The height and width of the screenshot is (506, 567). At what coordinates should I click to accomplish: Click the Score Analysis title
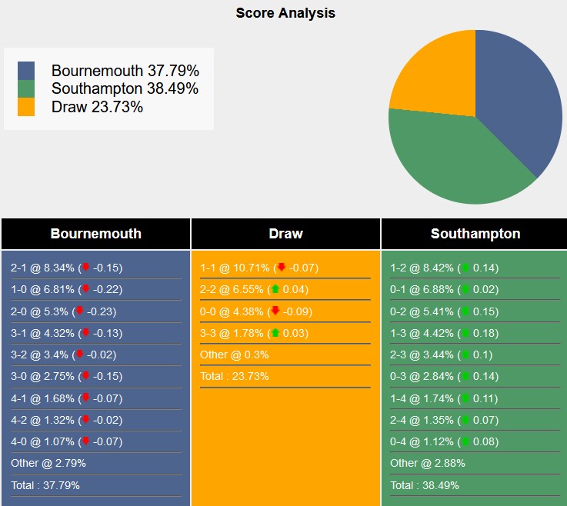(285, 13)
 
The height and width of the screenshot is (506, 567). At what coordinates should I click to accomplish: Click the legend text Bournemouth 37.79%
(125, 71)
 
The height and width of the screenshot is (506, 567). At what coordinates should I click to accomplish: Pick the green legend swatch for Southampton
(26, 88)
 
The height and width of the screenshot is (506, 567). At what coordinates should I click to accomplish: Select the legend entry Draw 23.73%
(97, 107)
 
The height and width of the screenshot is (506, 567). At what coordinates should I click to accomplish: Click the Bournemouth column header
(95, 234)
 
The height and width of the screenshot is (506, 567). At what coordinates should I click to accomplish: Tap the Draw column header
(285, 234)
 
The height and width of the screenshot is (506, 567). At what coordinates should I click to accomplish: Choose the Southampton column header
(475, 234)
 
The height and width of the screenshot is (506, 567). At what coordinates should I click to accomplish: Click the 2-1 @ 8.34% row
(66, 268)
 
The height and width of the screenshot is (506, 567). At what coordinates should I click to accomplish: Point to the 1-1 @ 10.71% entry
(258, 268)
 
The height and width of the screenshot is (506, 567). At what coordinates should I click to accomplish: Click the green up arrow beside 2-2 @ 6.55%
(275, 289)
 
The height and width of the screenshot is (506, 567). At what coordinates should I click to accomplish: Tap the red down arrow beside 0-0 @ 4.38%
(275, 311)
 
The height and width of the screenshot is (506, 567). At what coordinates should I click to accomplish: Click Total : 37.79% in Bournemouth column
(45, 485)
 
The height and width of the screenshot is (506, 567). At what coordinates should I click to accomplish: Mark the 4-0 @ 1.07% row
(66, 441)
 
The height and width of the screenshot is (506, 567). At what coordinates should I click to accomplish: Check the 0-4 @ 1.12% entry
(444, 441)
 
